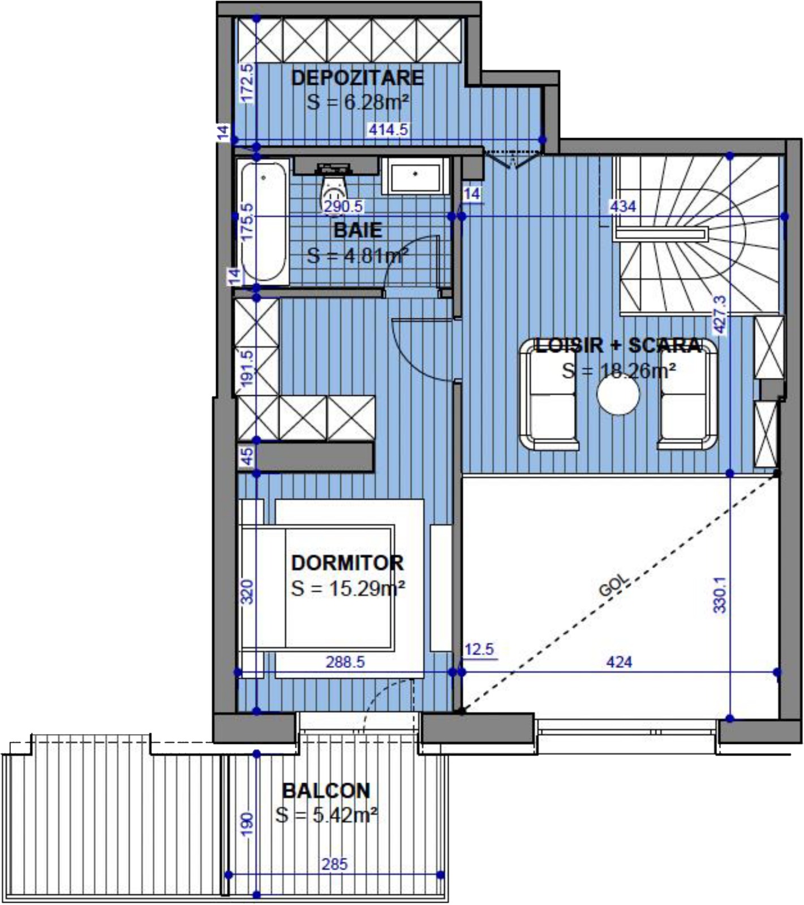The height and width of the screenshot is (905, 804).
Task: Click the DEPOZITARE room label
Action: (357, 77)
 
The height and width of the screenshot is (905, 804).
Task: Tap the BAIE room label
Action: (358, 230)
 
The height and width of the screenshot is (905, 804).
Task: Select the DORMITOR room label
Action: (347, 563)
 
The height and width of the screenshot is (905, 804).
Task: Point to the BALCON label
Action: (326, 790)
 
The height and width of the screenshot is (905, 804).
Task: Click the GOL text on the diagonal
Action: (613, 585)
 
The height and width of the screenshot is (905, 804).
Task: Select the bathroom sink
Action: (415, 176)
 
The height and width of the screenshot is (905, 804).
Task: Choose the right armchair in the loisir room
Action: (687, 394)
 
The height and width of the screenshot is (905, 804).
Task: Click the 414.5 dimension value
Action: (389, 130)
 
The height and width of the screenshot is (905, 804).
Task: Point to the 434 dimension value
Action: (623, 206)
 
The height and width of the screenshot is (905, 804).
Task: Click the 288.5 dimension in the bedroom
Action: (345, 662)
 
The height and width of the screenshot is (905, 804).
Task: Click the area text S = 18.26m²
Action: (619, 371)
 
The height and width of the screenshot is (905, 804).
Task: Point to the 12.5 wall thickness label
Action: (479, 649)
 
